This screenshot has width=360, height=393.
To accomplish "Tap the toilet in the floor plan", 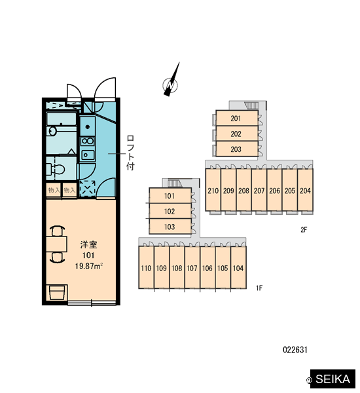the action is pyautogui.click(x=56, y=169).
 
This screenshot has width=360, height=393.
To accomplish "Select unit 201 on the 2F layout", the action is pyautogui.click(x=237, y=118).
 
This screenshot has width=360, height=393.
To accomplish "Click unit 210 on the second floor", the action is pyautogui.click(x=213, y=190).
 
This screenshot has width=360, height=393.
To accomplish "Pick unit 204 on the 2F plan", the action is pyautogui.click(x=305, y=190).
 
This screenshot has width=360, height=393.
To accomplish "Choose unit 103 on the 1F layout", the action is pyautogui.click(x=170, y=227).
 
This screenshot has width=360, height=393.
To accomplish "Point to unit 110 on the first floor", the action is pyautogui.click(x=146, y=268).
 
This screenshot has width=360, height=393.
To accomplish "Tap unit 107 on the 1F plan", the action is pyautogui.click(x=192, y=268).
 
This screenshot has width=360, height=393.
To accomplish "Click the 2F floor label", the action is pyautogui.click(x=304, y=230).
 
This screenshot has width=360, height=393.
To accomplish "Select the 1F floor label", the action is pyautogui.click(x=259, y=288).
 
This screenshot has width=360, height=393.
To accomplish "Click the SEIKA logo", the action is pyautogui.click(x=333, y=379).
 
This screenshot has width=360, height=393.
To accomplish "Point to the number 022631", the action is pyautogui.click(x=295, y=350).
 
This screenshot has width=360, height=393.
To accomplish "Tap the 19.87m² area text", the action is pyautogui.click(x=89, y=266).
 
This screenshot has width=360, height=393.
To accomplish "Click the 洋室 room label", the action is pyautogui.click(x=88, y=244).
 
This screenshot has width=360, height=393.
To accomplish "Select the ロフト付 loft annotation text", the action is pyautogui.click(x=130, y=153).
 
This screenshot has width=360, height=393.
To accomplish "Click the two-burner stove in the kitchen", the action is pyautogui.click(x=88, y=141).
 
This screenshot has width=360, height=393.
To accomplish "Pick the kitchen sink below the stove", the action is pyautogui.click(x=87, y=155).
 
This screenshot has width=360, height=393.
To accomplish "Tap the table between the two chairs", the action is pyautogui.click(x=56, y=244).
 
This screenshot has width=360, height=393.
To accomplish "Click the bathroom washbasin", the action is pyautogui.click(x=52, y=131).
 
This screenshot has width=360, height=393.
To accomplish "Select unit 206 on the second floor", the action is pyautogui.click(x=274, y=190).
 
